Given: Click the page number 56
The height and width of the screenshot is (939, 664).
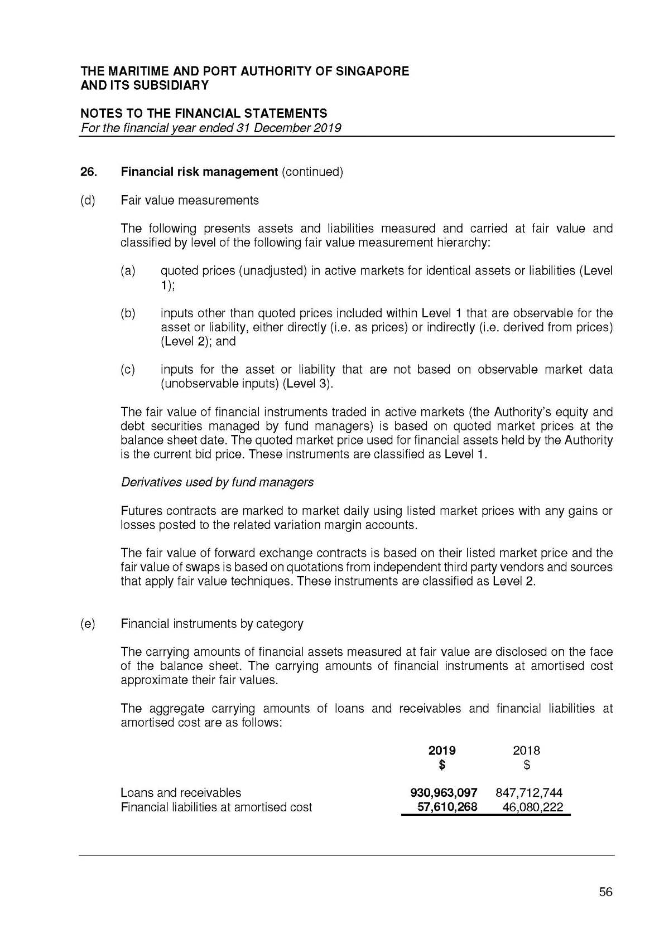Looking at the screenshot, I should tap(605, 892).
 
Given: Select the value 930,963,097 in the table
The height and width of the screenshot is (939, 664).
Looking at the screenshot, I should tap(444, 792).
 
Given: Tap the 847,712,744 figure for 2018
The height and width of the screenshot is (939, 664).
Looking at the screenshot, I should tap(529, 792).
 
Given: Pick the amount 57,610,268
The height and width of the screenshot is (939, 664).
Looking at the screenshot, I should tap(448, 807).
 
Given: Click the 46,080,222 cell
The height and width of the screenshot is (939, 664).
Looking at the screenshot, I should tap(532, 807).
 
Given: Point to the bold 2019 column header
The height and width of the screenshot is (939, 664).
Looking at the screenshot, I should tap(442, 750).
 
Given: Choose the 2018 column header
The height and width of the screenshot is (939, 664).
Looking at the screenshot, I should tap(526, 750).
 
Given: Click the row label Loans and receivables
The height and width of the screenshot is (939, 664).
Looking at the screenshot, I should tap(181, 792).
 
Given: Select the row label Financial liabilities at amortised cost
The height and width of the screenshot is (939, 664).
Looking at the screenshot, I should tap(216, 807).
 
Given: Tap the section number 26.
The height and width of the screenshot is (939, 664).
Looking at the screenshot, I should tap(89, 172).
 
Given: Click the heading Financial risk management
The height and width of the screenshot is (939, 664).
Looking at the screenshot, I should tap(199, 172).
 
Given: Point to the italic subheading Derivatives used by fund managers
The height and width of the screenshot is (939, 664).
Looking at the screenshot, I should tap(217, 482).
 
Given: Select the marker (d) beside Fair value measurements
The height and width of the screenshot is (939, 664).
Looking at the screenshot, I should tap(88, 200).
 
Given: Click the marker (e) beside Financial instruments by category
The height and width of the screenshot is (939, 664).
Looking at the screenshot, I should tap(88, 623).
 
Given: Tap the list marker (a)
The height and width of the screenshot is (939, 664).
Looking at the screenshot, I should tap(128, 271).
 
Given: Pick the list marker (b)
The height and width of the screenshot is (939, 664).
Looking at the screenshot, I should tap(128, 313).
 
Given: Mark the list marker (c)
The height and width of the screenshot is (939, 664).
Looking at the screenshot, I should tap(128, 370).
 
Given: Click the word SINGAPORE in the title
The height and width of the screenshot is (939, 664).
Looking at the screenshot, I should tap(372, 71).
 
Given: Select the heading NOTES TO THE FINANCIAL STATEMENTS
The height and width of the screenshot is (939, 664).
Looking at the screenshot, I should tap(204, 114).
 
